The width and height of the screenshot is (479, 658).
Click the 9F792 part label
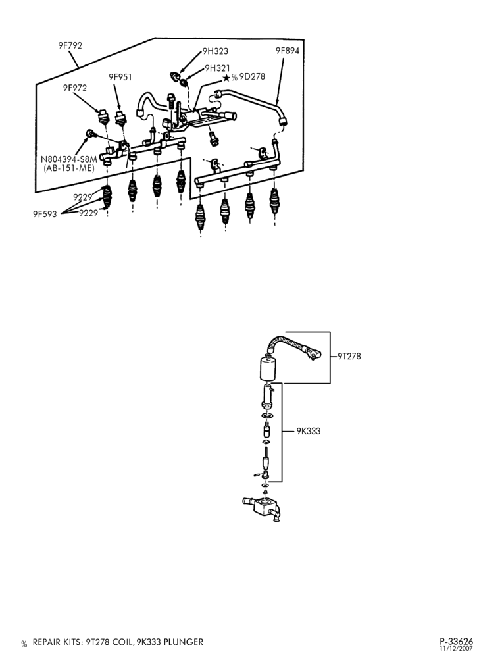click(70, 45)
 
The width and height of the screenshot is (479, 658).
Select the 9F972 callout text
click(75, 88)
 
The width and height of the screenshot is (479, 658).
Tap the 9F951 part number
click(120, 77)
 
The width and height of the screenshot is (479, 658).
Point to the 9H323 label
click(216, 51)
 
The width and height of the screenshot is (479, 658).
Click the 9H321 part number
click(217, 68)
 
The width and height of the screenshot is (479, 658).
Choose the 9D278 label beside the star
click(252, 77)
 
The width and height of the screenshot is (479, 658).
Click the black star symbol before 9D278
click(226, 78)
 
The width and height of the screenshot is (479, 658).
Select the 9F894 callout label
click(288, 51)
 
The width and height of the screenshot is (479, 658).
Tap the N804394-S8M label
click(69, 159)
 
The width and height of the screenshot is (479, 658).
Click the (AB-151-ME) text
click(69, 168)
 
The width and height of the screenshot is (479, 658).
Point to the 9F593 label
click(45, 215)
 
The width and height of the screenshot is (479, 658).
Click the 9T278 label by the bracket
click(349, 356)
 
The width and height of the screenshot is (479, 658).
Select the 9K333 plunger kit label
click(309, 431)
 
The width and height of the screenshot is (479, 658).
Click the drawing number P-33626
click(457, 642)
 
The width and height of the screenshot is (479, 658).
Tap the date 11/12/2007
click(457, 649)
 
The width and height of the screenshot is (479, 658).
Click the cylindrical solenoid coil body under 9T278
click(265, 367)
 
